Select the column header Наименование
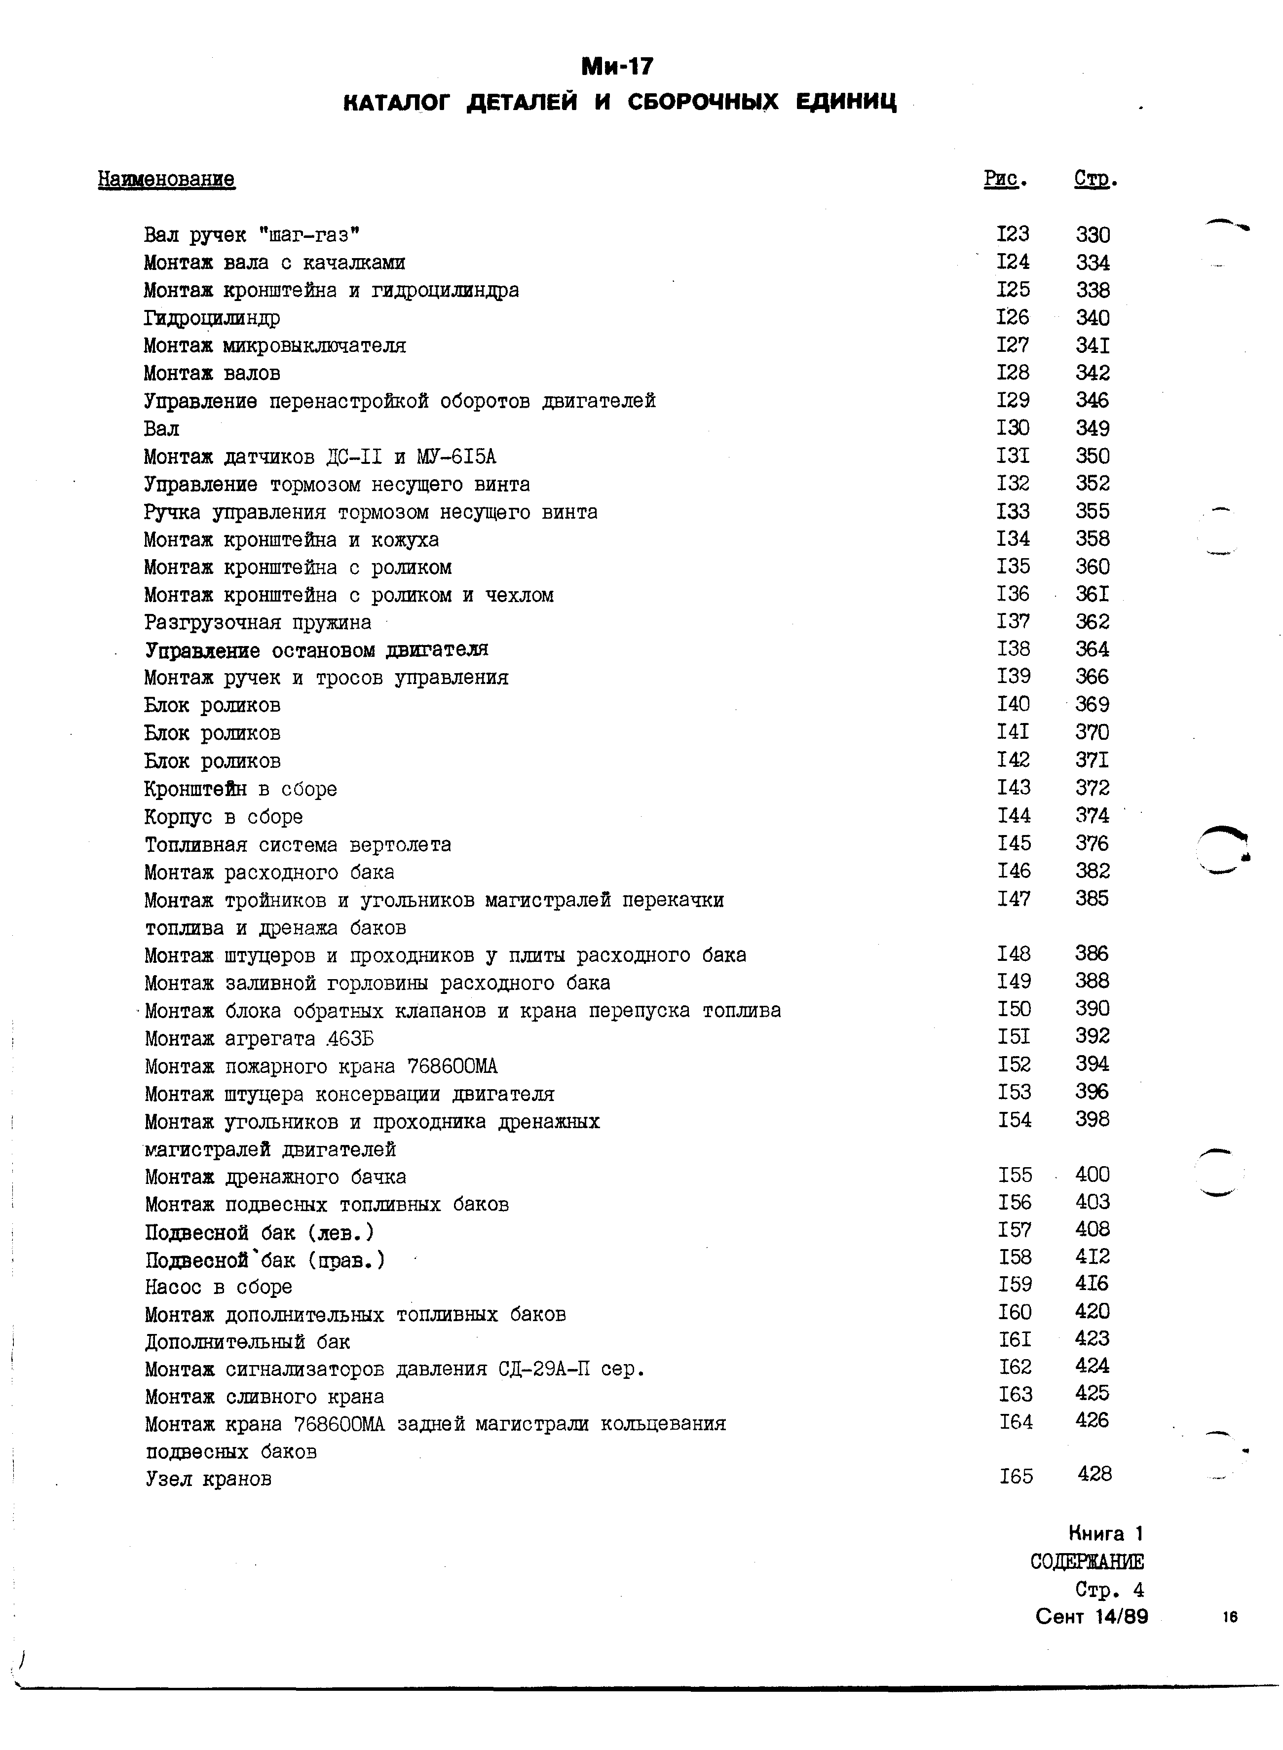pyautogui.click(x=166, y=180)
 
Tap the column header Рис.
pyautogui.click(x=1005, y=180)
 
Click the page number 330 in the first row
pyautogui.click(x=1093, y=234)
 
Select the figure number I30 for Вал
pyautogui.click(x=1013, y=428)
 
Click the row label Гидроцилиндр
pyautogui.click(x=212, y=318)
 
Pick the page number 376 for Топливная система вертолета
pyautogui.click(x=1092, y=843)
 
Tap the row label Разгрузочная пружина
pyautogui.click(x=258, y=623)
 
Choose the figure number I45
pyautogui.click(x=1014, y=843)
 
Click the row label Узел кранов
pyautogui.click(x=208, y=1480)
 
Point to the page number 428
pyautogui.click(x=1094, y=1474)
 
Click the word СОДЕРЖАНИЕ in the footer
pyautogui.click(x=1087, y=1562)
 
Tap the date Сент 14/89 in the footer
pyautogui.click(x=1091, y=1616)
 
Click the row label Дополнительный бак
pyautogui.click(x=247, y=1342)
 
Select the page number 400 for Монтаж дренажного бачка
pyautogui.click(x=1093, y=1175)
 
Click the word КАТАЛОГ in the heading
pyautogui.click(x=396, y=102)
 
